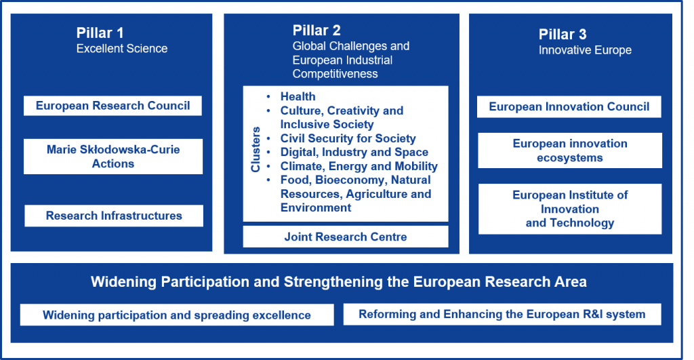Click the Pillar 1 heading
click(x=100, y=33)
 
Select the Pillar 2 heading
click(x=317, y=30)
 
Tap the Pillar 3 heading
click(x=563, y=34)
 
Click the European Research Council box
click(x=113, y=106)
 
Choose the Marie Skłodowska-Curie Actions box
click(x=113, y=157)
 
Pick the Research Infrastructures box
click(x=114, y=216)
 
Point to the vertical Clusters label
click(x=256, y=149)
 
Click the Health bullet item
click(x=298, y=96)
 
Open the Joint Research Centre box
click(x=346, y=237)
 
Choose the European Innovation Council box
click(x=569, y=106)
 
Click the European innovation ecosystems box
click(x=570, y=151)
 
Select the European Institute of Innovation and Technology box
click(x=570, y=209)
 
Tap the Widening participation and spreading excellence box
click(x=177, y=315)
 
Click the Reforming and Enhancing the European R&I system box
click(x=502, y=314)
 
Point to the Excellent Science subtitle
click(x=122, y=49)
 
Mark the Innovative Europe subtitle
click(x=585, y=50)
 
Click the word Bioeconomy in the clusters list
click(x=350, y=180)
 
